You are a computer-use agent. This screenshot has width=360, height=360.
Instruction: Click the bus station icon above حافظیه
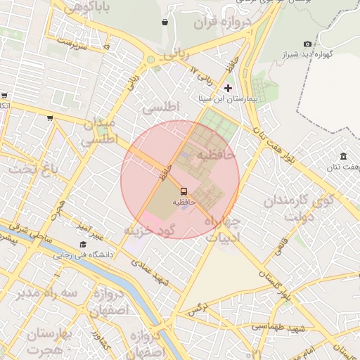183,191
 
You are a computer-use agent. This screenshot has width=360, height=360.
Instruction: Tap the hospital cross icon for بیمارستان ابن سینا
227,89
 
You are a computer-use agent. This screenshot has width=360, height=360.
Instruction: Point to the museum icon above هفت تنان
343,156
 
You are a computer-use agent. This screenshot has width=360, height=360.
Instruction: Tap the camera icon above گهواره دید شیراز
307,44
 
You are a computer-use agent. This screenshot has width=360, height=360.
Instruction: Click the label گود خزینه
149,230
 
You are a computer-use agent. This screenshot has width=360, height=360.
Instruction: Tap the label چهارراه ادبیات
222,229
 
